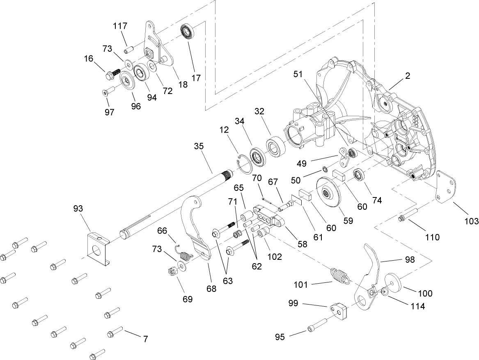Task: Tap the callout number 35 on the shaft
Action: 199,147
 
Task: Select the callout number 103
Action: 471,221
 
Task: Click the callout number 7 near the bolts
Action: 145,339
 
